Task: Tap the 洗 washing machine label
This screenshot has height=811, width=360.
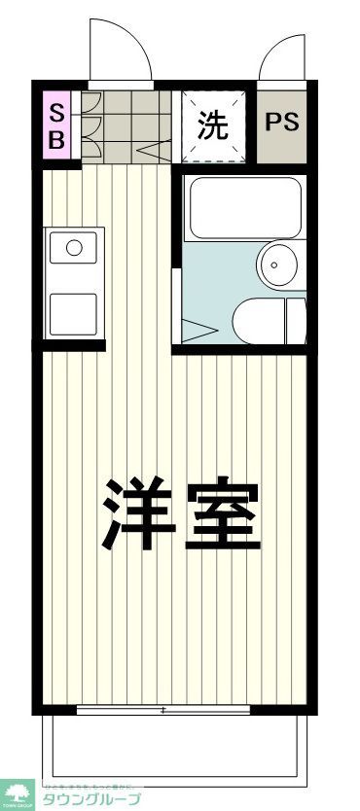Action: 214,125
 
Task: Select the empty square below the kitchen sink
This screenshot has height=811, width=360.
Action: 73,311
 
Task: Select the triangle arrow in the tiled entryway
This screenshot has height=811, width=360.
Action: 146,152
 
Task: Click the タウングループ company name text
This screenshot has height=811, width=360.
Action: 90,799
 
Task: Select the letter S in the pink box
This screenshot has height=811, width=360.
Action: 56,111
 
